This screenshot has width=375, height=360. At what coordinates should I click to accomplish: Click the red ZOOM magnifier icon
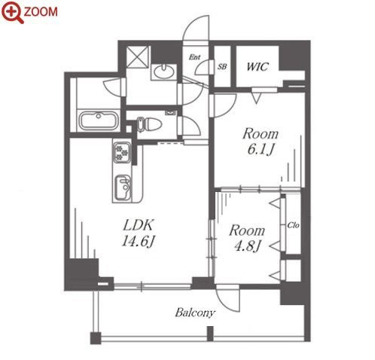click(x=12, y=12)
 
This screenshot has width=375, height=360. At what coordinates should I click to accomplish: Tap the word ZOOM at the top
click(x=41, y=12)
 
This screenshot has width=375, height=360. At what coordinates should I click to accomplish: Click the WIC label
click(x=258, y=66)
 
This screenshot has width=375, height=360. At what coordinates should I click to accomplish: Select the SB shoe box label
click(x=222, y=66)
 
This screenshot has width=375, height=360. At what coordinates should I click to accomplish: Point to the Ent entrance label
click(x=194, y=57)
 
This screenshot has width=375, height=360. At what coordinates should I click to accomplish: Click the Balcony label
click(x=195, y=313)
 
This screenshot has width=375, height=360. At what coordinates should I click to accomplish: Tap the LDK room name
click(x=138, y=225)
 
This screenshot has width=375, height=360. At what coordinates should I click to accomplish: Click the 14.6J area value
click(x=138, y=242)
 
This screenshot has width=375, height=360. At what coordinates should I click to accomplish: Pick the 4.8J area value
click(x=246, y=246)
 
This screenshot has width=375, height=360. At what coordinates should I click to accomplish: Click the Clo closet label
click(x=293, y=225)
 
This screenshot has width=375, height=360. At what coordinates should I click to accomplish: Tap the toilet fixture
click(x=148, y=124)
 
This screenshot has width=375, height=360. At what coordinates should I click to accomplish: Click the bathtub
click(x=99, y=121)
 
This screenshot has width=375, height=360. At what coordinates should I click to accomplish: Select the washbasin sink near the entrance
click(x=164, y=72)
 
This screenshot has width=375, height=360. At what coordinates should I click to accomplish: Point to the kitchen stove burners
click(x=122, y=152)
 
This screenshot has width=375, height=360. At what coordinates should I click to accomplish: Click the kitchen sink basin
click(x=123, y=188)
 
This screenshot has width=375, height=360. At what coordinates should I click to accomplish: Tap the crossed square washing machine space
click(x=137, y=56)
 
